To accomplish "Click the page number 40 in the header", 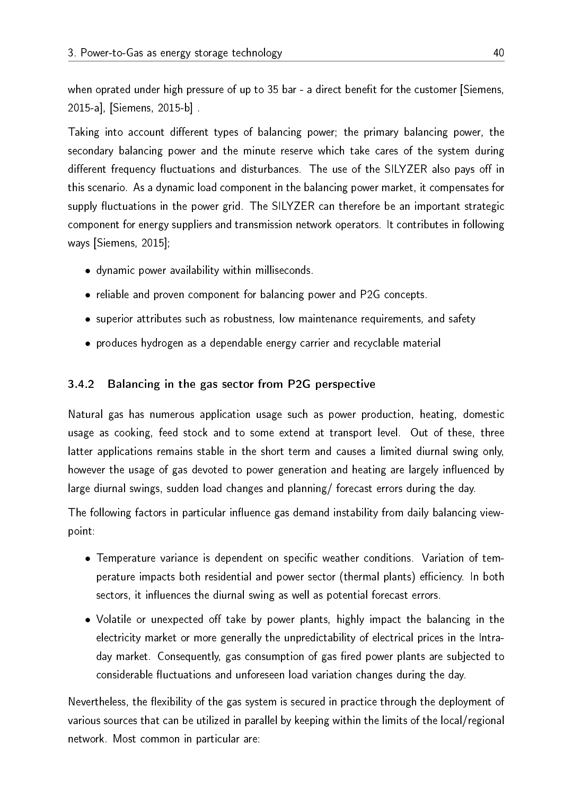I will click(499, 53).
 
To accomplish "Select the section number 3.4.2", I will click(81, 384).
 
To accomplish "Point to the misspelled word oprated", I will click(112, 90).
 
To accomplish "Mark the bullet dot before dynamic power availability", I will click(88, 271).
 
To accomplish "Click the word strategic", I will click(484, 206).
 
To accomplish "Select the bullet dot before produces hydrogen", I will click(88, 344).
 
